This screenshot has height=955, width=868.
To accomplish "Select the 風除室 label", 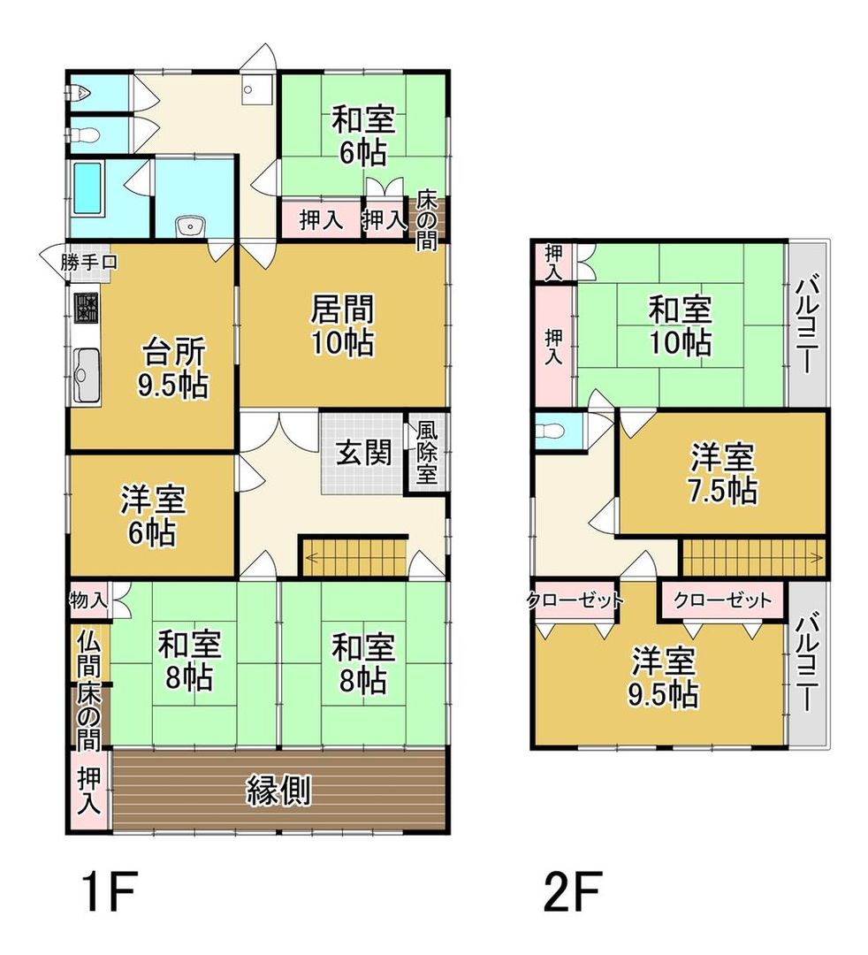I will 427,452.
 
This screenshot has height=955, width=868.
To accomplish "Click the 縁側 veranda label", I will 278,790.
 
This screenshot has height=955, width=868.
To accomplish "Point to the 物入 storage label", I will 88,601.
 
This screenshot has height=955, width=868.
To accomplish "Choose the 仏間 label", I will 88,651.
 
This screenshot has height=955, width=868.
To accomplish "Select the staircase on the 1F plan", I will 354,558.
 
